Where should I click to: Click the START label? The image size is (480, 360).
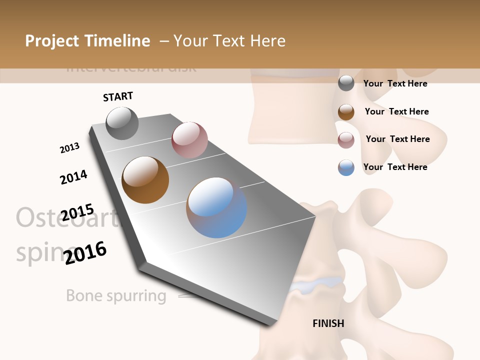click(118, 96)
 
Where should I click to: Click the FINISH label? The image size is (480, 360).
click(328, 323)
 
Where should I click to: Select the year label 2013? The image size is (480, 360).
click(69, 148)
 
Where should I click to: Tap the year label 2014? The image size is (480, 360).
click(73, 177)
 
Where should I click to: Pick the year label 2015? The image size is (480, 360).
click(77, 213)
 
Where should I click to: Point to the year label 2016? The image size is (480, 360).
click(85, 253)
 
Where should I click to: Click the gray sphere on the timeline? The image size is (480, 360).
click(122, 123)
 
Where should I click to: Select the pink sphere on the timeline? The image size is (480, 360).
click(189, 140)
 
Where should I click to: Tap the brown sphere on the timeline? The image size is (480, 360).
click(145, 180)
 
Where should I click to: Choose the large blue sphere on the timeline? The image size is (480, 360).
click(216, 207)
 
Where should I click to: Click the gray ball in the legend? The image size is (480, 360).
click(346, 83)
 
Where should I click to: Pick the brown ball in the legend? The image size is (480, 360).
click(346, 112)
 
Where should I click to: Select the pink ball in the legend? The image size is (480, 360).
click(346, 139)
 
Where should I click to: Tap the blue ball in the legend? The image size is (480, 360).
click(346, 167)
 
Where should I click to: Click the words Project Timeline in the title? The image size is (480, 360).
click(87, 41)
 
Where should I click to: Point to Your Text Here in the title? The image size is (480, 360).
click(229, 41)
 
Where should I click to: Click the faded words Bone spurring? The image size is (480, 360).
click(116, 295)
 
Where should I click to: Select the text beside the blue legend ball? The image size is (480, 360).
click(395, 167)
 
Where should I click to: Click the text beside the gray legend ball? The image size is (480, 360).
click(395, 83)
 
